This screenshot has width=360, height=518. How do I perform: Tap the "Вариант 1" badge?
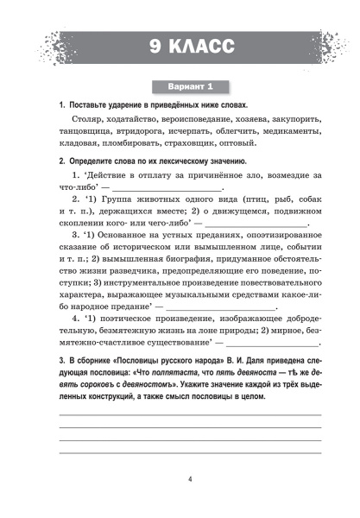point(180,85)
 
